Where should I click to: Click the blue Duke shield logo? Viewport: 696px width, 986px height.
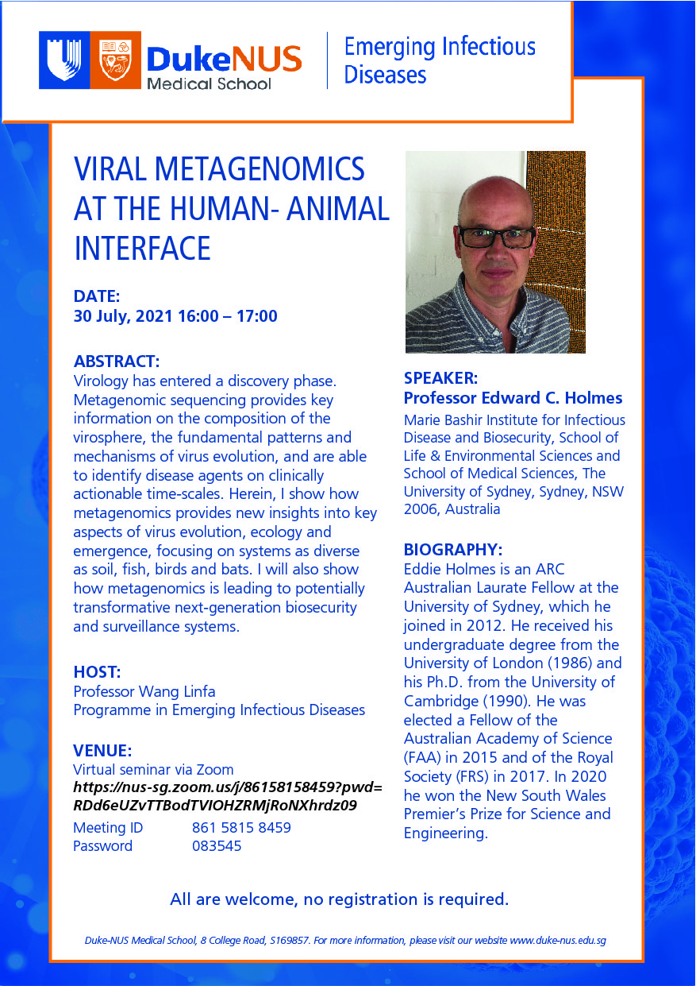[x=64, y=60]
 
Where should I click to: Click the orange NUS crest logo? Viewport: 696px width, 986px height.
[x=115, y=60]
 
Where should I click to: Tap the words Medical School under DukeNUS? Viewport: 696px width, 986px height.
[x=208, y=83]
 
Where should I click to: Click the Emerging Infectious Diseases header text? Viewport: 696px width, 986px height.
[x=439, y=60]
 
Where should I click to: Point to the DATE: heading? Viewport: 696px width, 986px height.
[x=96, y=296]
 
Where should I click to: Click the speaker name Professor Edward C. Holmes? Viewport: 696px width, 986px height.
[x=513, y=398]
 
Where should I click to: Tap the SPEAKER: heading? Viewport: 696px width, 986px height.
[x=441, y=378]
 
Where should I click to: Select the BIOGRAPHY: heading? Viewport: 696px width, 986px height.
[x=453, y=549]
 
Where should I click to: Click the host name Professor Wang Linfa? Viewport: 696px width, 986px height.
[x=144, y=691]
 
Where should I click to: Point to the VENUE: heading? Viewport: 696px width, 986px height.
[x=102, y=750]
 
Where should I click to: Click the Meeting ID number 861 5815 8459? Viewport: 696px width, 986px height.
[x=241, y=827]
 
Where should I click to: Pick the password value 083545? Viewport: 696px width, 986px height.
[x=217, y=846]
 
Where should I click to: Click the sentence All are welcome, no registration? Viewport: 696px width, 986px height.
[x=339, y=899]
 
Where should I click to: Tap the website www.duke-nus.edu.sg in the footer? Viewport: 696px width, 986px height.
[x=558, y=941]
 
